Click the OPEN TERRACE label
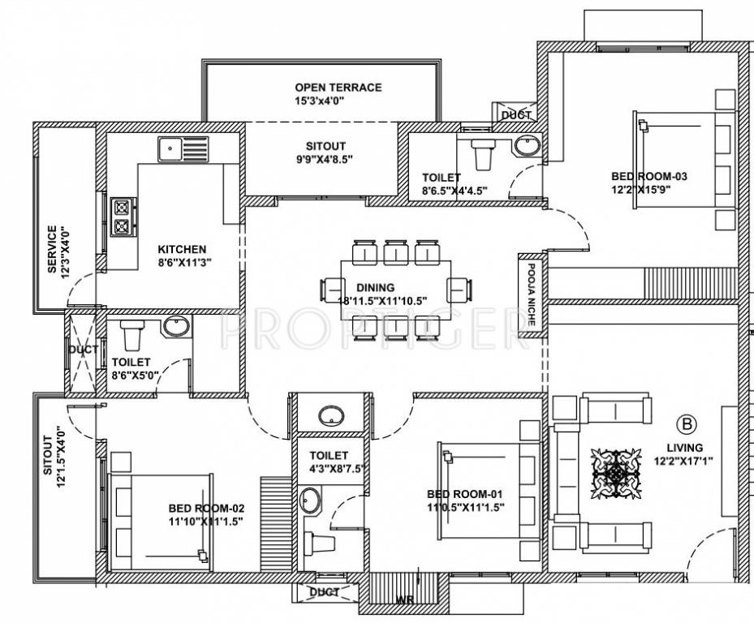tap(338, 88)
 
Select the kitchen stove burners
tap(122, 216)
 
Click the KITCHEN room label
tap(182, 249)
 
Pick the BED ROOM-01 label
tap(466, 494)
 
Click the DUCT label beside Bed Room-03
tap(516, 115)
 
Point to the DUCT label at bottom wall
tap(325, 593)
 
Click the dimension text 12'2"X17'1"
tap(685, 462)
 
